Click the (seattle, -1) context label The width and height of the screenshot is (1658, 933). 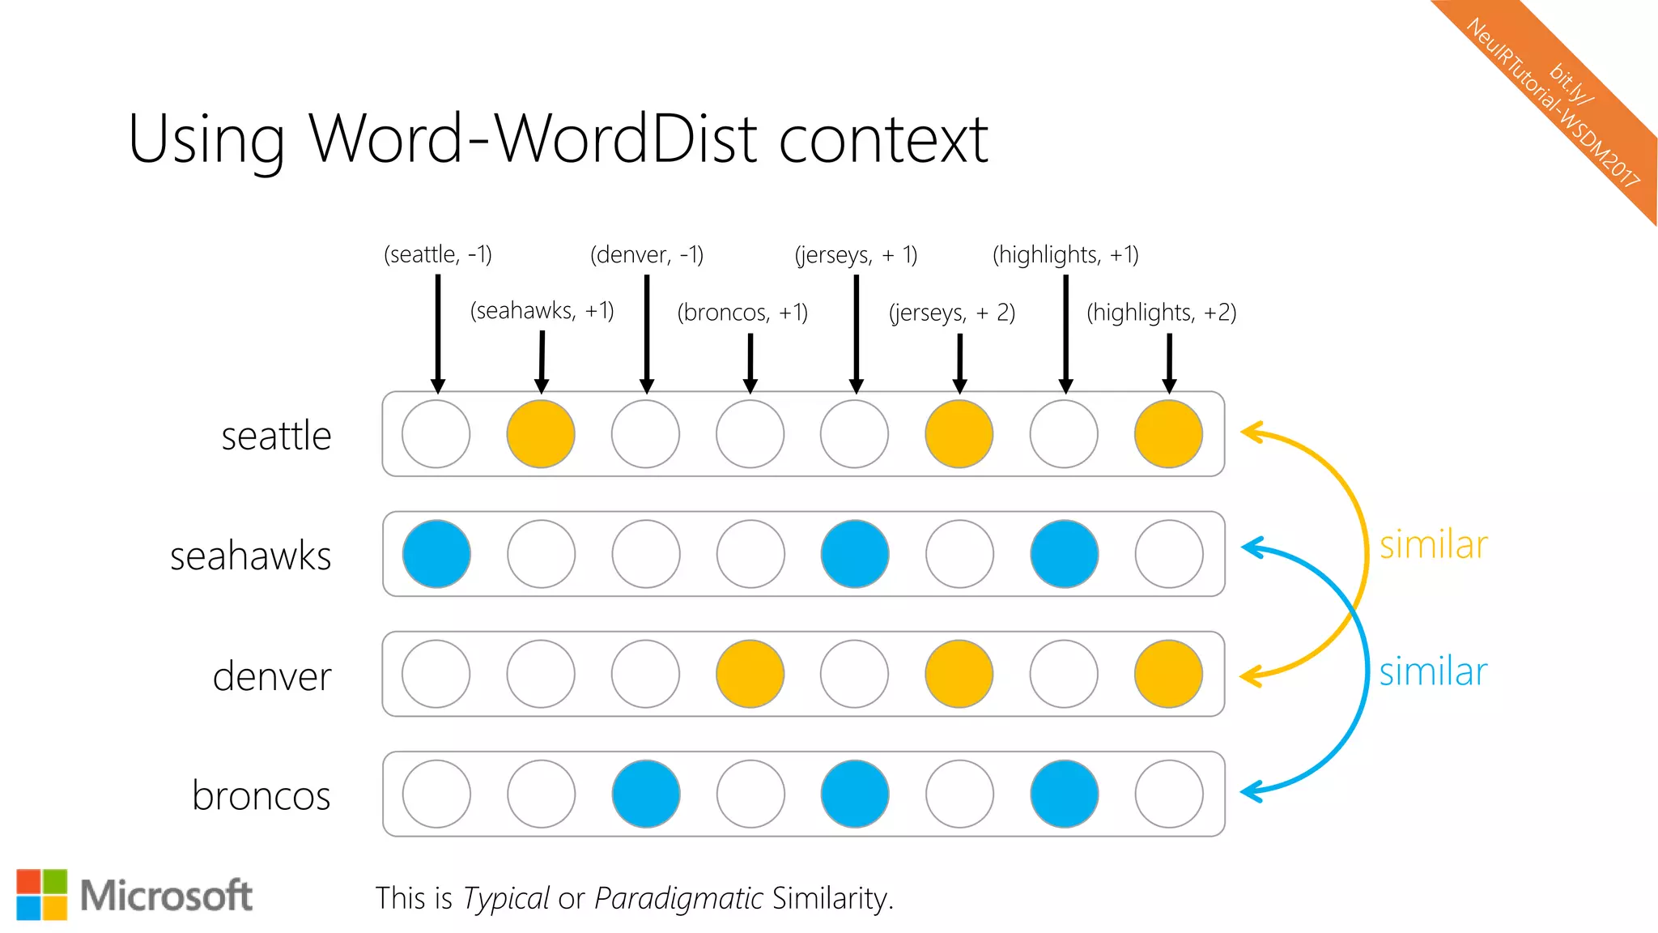437,255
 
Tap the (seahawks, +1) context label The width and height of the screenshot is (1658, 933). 542,311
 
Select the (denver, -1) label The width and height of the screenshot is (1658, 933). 646,255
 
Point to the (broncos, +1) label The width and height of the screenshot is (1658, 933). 742,313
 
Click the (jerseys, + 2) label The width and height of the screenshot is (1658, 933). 951,313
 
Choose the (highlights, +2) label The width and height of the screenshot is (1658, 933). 1161,313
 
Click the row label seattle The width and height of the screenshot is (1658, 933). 276,436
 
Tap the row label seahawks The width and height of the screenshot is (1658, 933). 250,556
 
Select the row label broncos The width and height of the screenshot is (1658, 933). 261,795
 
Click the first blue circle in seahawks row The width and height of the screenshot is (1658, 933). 436,554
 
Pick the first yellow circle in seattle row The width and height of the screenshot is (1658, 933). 541,434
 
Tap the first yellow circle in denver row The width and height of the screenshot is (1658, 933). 750,674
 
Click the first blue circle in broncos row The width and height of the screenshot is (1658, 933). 645,794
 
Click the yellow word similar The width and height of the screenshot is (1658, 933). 1433,545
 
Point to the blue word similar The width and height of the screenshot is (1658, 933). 1433,671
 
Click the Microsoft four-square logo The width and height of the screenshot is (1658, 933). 42,895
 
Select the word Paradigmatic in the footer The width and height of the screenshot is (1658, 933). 678,898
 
